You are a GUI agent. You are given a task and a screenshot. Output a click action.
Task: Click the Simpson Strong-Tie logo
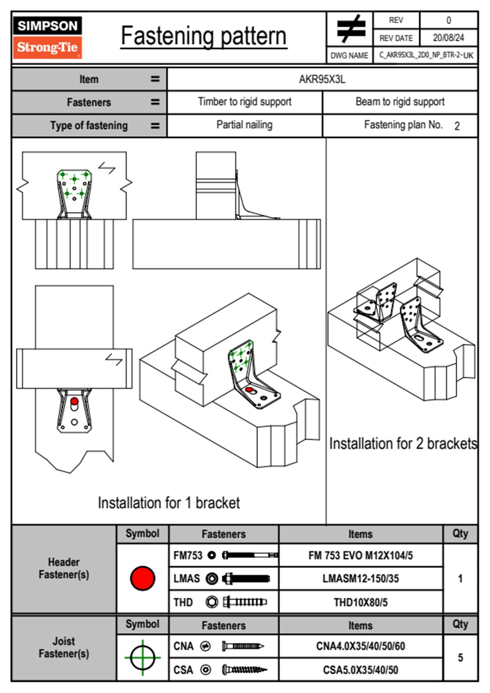tap(47, 37)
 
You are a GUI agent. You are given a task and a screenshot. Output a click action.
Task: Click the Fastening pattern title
tap(204, 36)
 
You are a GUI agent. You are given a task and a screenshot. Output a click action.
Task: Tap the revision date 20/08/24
tap(448, 38)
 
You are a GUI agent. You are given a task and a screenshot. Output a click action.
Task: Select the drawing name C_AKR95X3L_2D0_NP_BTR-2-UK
tap(426, 55)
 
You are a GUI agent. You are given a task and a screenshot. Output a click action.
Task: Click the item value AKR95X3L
tap(322, 79)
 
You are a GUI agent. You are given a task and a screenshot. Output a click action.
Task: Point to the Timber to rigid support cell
tap(245, 102)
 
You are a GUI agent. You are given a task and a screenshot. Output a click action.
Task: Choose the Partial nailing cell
tap(245, 125)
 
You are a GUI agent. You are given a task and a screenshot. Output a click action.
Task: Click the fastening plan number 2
tap(457, 126)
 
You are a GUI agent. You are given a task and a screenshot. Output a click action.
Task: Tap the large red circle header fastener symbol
tap(142, 578)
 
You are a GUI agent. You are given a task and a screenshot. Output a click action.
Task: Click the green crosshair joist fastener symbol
tap(142, 657)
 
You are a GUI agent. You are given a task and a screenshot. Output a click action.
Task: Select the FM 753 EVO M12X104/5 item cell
tap(360, 555)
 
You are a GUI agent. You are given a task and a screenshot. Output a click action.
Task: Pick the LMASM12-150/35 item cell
tap(360, 578)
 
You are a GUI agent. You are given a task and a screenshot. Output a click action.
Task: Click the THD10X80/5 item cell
tap(360, 602)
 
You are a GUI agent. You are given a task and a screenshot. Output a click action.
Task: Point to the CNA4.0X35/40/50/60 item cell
tap(360, 646)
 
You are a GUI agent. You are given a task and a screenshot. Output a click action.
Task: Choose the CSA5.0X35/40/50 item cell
tap(360, 670)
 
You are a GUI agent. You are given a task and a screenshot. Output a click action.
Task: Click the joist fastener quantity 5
tap(460, 658)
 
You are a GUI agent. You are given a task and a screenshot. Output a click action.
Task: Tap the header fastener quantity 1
tap(460, 578)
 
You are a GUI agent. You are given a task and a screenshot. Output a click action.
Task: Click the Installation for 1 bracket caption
tap(169, 503)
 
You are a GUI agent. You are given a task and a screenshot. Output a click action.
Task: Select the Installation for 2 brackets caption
tap(403, 444)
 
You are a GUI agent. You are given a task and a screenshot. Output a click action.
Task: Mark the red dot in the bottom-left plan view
tap(74, 401)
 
